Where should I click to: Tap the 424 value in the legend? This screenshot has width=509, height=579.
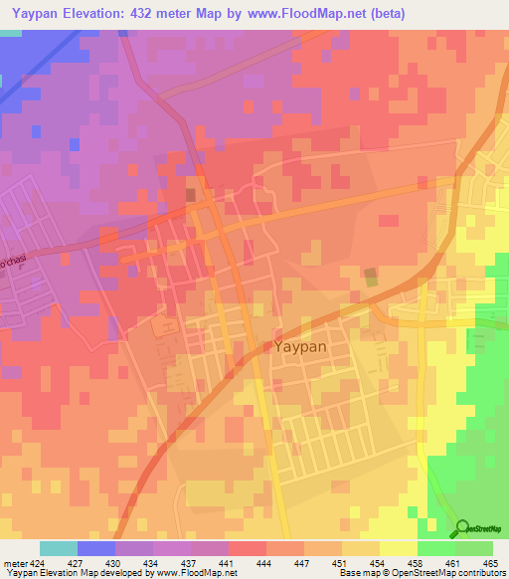pos(33,562)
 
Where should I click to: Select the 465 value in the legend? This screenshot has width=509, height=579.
pos(491,562)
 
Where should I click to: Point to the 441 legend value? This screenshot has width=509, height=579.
pos(228,562)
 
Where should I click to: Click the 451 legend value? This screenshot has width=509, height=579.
pos(340,562)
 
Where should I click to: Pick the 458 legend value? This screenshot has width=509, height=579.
pos(416,562)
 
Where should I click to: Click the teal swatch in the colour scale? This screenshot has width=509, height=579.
pos(59,548)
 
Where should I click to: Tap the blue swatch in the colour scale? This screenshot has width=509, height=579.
pos(96,548)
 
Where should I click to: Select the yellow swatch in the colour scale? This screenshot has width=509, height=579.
pos(398,548)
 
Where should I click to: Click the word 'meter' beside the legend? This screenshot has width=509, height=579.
pos(13,562)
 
